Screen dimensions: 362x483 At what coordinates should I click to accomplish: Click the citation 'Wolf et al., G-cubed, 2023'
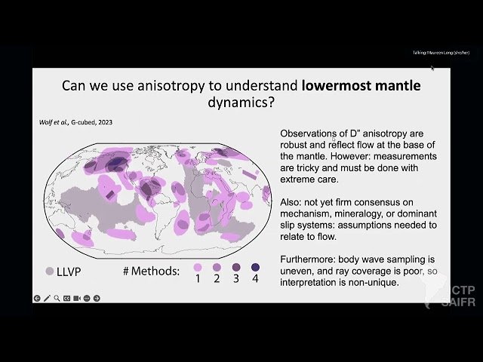pos(75,122)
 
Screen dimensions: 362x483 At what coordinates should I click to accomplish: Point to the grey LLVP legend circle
pos(49,270)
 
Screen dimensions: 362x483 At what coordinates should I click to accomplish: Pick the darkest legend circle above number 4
pos(256,267)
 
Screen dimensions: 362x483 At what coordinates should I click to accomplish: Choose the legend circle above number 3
pos(236,267)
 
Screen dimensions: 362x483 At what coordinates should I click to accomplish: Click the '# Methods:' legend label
pos(150,270)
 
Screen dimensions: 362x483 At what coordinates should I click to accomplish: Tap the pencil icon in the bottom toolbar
pos(47,299)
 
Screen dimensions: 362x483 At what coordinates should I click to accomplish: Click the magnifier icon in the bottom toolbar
pos(57,299)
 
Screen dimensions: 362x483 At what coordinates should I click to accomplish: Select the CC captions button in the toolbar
pos(66,299)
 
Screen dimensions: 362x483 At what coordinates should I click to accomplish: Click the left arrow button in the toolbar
pos(37,299)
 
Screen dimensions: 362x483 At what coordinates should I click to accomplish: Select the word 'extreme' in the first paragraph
pos(300,179)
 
